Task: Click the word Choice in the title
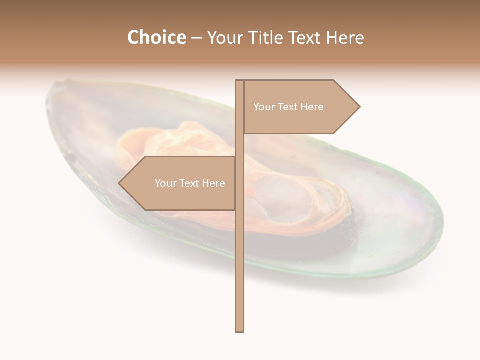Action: tap(156, 37)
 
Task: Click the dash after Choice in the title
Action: tap(196, 38)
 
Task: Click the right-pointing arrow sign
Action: tap(300, 107)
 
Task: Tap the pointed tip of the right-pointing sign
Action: tap(359, 107)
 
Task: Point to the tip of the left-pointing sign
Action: tap(120, 183)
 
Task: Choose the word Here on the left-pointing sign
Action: tap(213, 183)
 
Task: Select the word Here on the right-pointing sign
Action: tap(312, 107)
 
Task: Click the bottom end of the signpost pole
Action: tap(239, 330)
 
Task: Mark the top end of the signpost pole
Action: tap(239, 81)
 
